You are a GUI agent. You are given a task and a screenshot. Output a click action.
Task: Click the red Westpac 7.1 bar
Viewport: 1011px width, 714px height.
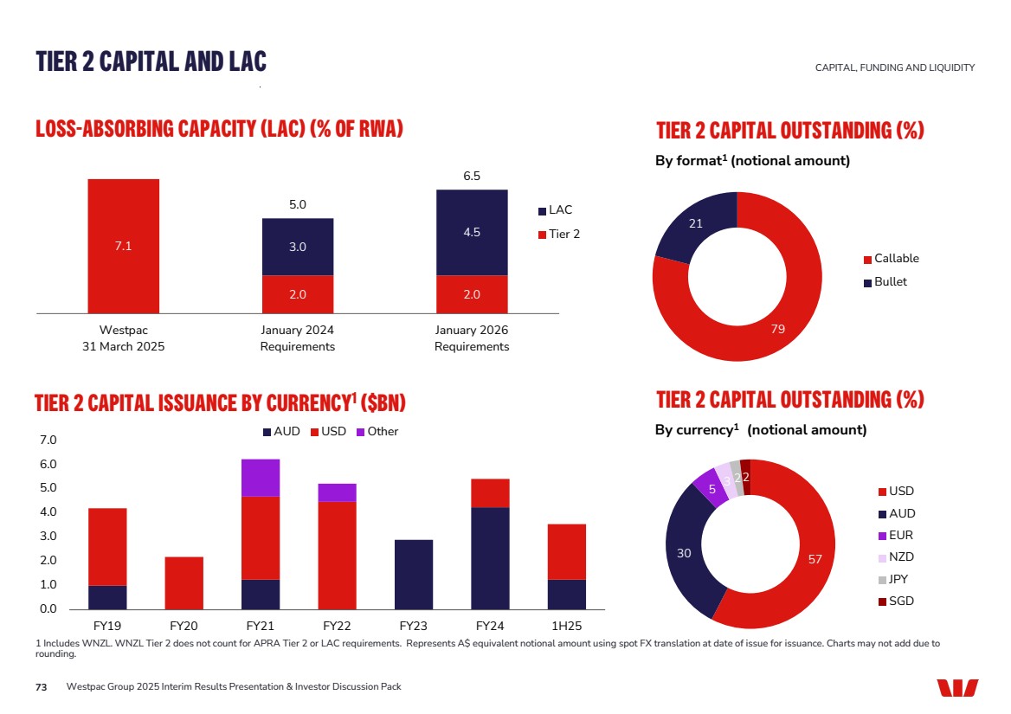pos(123,245)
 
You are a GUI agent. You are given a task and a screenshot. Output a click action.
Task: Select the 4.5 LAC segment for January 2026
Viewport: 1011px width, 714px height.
pos(471,232)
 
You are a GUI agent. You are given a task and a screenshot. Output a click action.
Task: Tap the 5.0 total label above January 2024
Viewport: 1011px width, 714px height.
pos(297,205)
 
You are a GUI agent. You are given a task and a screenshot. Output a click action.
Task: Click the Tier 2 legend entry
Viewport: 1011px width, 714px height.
pos(559,234)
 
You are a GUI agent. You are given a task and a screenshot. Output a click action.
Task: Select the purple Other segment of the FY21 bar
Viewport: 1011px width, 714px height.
pos(260,477)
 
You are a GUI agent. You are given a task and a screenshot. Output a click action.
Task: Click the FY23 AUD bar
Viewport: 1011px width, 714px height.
pos(413,574)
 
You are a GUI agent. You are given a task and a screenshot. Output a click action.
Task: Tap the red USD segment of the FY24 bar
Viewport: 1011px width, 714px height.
pos(490,492)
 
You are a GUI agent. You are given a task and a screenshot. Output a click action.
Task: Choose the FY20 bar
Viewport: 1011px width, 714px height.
pos(184,582)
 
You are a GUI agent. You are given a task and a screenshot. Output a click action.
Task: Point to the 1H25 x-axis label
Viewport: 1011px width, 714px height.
pos(566,625)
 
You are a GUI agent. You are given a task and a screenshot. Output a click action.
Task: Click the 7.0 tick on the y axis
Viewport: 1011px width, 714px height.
pos(48,441)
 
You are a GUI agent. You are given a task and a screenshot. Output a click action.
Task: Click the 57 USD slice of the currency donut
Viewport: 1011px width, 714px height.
pos(814,559)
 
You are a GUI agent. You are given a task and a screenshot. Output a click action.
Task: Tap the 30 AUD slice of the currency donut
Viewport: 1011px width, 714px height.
pos(684,552)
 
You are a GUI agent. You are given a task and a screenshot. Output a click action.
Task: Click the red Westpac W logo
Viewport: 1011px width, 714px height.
pos(956,687)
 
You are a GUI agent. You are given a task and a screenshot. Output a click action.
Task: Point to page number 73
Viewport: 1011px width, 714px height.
pos(41,686)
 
